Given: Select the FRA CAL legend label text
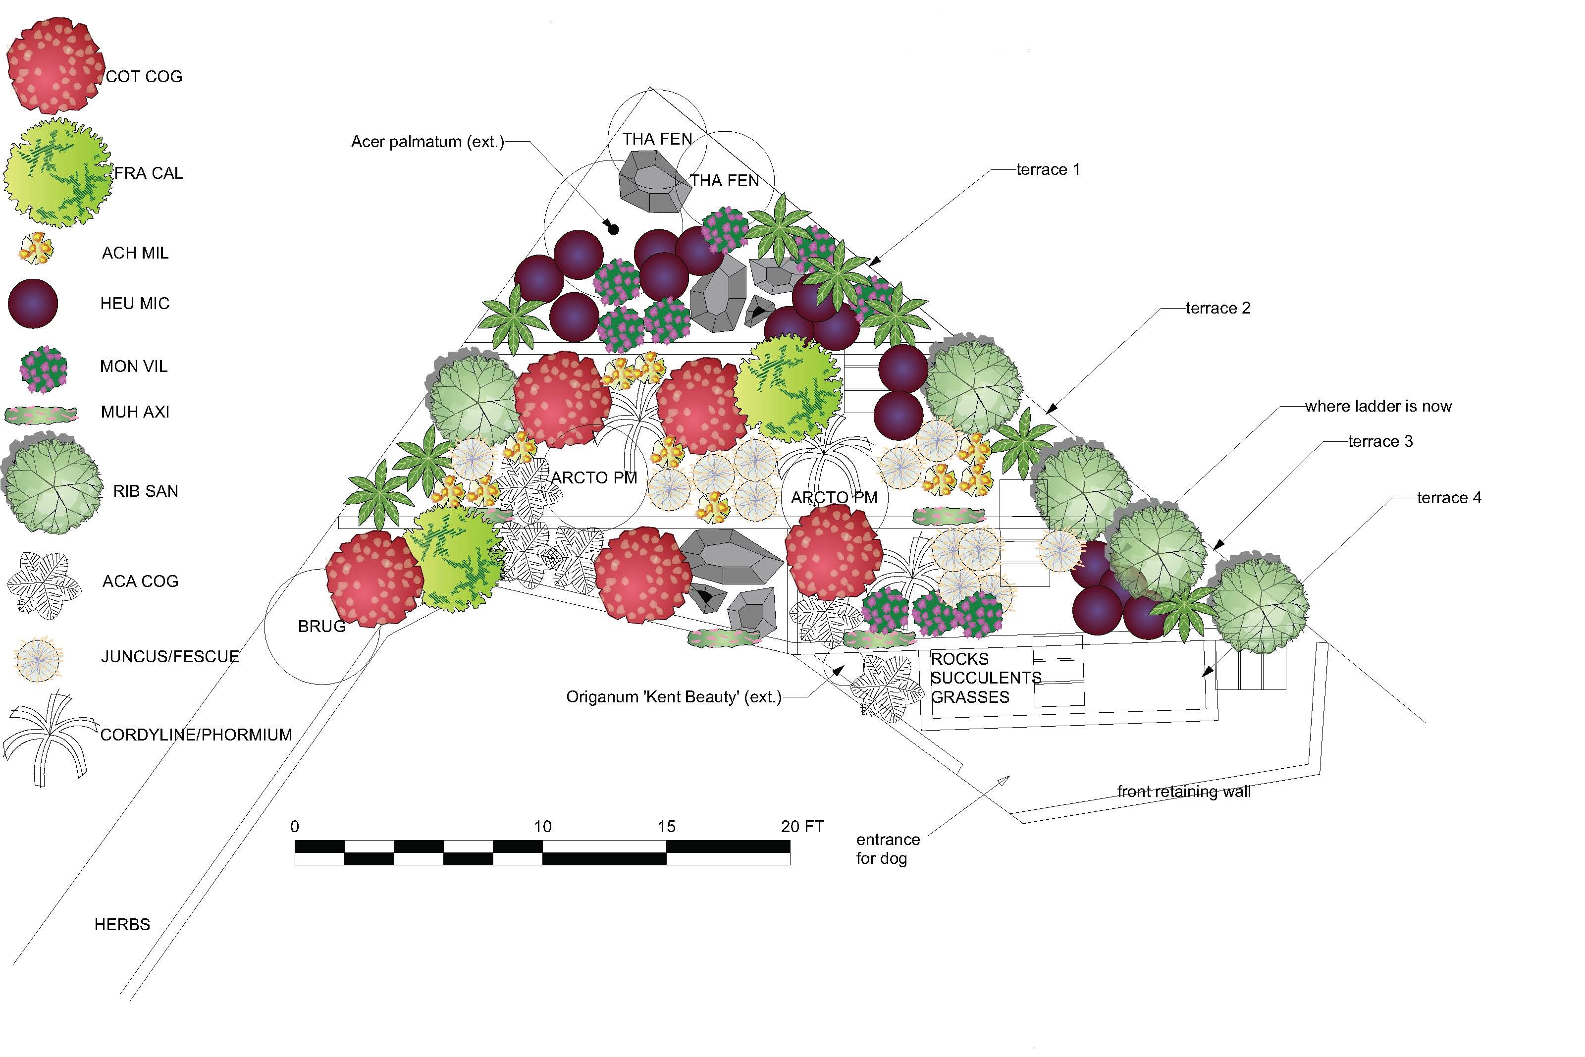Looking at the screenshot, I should point(148,173).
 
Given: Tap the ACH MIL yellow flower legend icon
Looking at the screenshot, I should point(35,249).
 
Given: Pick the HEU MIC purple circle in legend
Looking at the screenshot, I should point(32,303).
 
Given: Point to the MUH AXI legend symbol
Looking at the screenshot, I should point(41,415).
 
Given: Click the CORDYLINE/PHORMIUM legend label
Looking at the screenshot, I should point(196,735).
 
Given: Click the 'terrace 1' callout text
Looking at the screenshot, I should point(1048,170).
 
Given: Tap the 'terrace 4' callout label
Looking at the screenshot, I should point(1449,498).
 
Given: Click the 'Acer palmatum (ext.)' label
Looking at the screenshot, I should point(427,142).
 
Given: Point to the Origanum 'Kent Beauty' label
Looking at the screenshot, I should point(673,697).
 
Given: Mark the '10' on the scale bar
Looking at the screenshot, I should point(542,827).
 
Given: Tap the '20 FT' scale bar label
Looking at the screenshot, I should point(802,827).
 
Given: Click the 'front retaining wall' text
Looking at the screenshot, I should point(1183,792).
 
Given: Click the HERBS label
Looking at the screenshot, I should point(122,925).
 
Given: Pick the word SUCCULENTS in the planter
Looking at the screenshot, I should point(985,678).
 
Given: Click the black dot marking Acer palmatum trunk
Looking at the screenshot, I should point(613,230).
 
